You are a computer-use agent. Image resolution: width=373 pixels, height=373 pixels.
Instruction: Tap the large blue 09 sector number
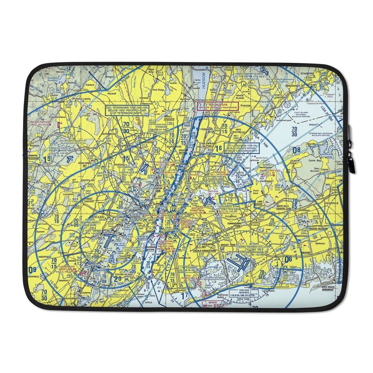point(32,270)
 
